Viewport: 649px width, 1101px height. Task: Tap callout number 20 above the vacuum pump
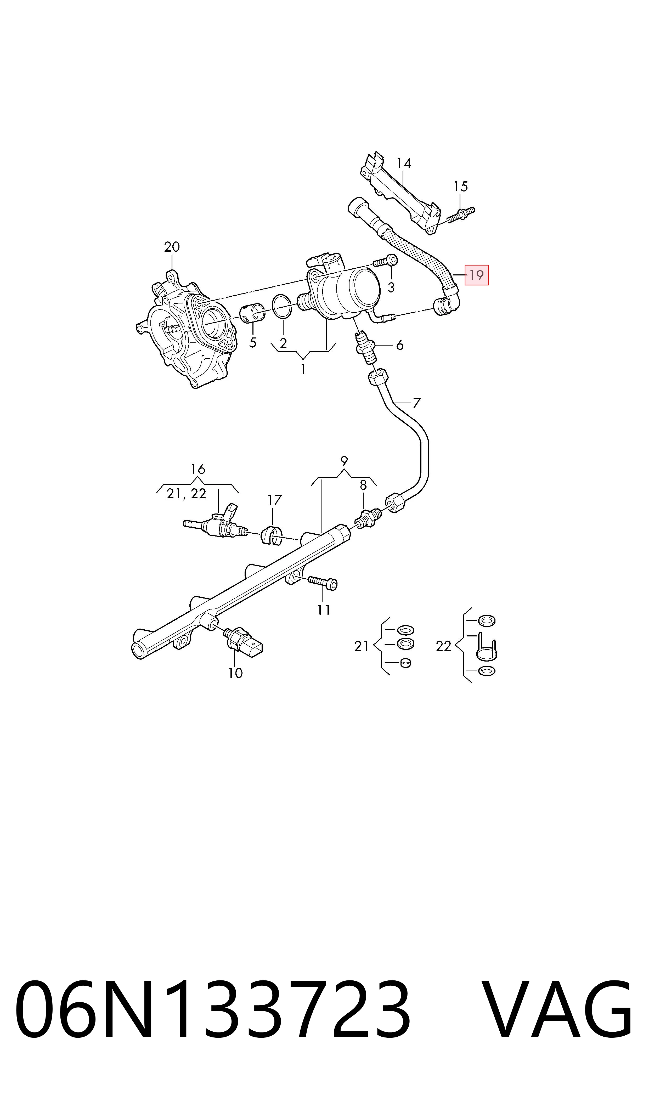pyautogui.click(x=172, y=247)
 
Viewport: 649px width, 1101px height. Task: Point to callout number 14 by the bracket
pyautogui.click(x=404, y=163)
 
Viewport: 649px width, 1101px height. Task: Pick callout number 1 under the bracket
pyautogui.click(x=303, y=369)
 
